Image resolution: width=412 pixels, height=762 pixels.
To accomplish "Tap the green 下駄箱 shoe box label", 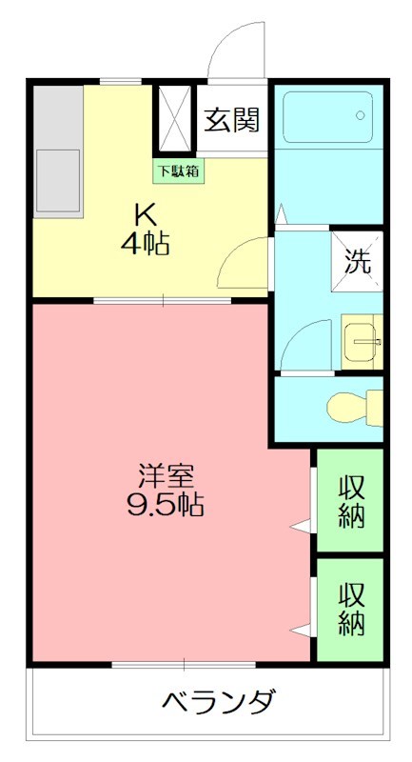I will click(178, 171).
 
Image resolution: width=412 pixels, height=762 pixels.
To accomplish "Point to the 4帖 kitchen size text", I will click(146, 244).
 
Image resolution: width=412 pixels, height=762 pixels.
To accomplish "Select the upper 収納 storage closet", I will click(351, 499).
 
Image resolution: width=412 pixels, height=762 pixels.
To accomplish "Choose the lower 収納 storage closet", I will click(351, 609).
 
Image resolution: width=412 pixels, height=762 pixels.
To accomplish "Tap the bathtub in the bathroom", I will click(328, 115).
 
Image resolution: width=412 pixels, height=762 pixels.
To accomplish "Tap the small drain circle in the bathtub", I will click(361, 115).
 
